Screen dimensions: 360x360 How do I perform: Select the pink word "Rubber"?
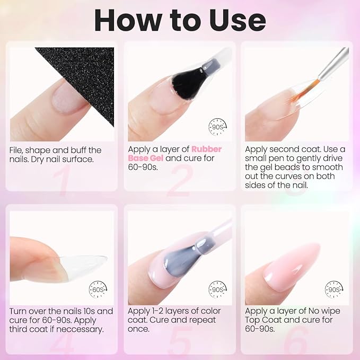tap(206, 149)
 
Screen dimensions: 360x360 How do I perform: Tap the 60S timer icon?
tap(98, 289)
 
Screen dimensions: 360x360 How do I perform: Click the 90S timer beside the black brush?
tap(217, 127)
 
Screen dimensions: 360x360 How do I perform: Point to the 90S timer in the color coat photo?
tap(217, 289)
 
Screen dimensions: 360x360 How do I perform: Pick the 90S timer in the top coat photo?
tap(334, 289)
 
